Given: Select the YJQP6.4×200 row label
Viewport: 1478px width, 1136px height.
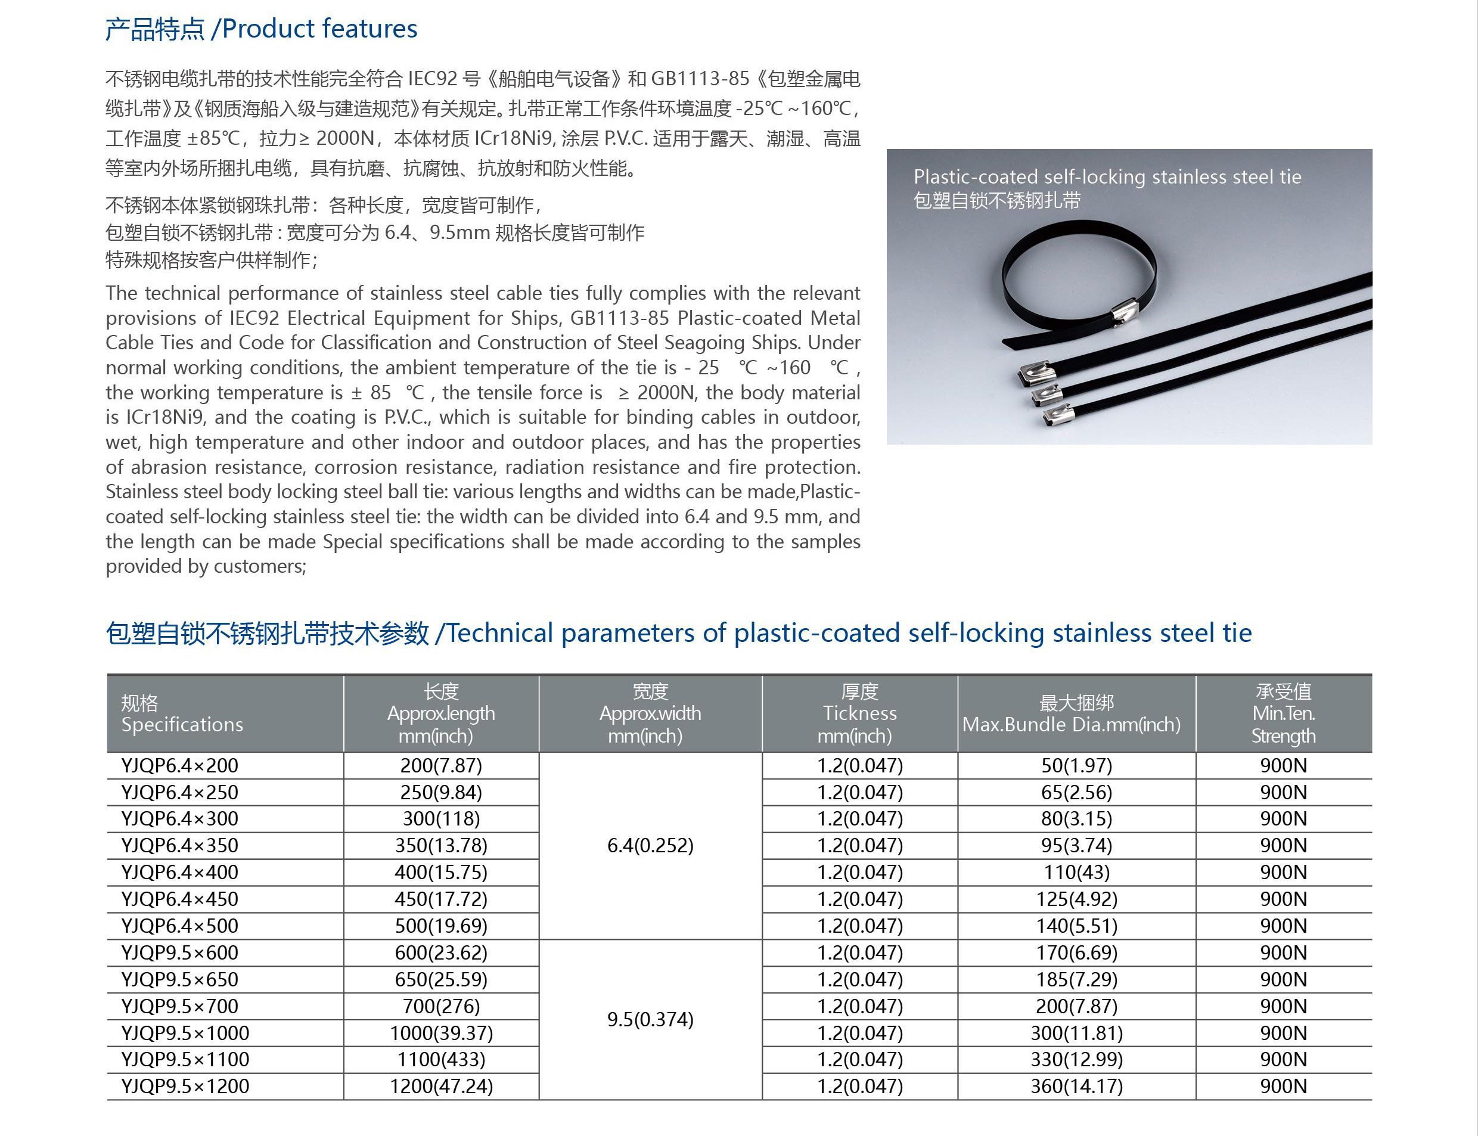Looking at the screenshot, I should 180,765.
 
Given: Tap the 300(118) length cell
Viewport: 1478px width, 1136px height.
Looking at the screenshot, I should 441,819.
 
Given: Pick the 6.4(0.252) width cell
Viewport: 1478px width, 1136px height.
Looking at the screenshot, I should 650,845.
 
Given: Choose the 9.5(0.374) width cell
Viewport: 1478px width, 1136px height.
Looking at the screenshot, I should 650,1019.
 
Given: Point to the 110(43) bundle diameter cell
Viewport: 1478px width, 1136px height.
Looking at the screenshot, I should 1076,873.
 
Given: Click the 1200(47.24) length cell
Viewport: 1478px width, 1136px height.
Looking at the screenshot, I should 441,1086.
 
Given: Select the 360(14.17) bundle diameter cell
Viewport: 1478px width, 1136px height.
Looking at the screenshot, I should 1076,1086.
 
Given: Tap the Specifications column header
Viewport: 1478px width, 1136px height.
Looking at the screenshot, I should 182,714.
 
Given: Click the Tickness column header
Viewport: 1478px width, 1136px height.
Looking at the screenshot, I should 859,713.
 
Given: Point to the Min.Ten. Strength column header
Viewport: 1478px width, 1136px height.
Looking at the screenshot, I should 1283,713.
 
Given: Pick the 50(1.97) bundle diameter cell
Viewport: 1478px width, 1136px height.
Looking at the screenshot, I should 1076,765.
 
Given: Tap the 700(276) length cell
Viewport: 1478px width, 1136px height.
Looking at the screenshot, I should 441,1006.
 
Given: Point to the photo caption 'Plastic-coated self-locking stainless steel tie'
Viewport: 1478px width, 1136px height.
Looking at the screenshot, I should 1107,177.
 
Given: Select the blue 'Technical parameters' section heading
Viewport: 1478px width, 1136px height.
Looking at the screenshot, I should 678,634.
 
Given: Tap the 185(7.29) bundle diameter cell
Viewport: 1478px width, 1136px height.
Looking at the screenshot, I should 1076,979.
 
